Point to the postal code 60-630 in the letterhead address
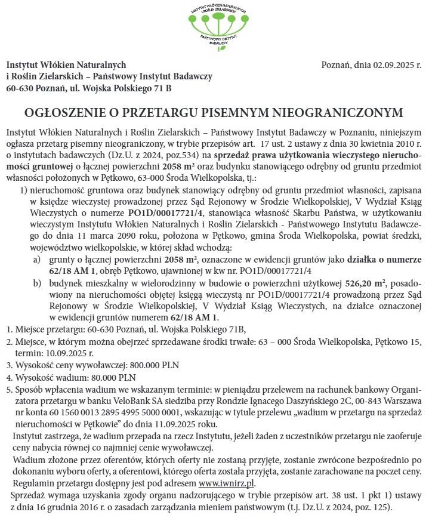pyautogui.click(x=19, y=88)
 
